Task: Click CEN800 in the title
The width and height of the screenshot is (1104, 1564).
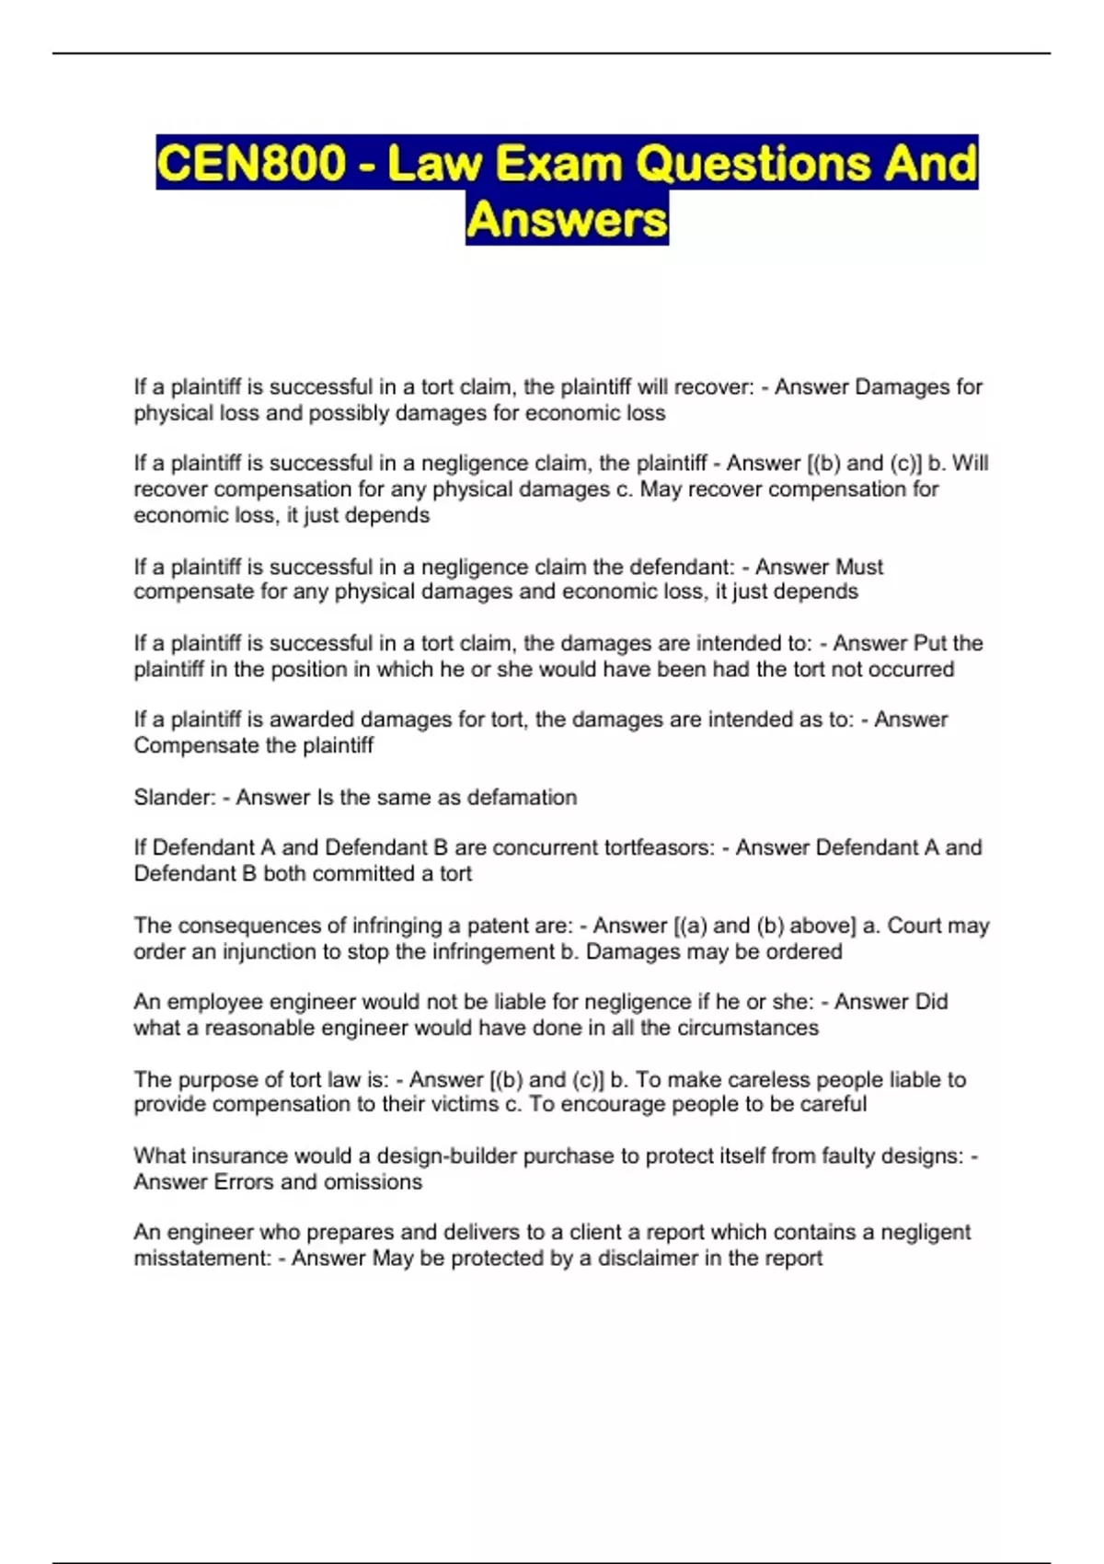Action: [251, 164]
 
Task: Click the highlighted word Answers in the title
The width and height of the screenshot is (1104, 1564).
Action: [567, 220]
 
